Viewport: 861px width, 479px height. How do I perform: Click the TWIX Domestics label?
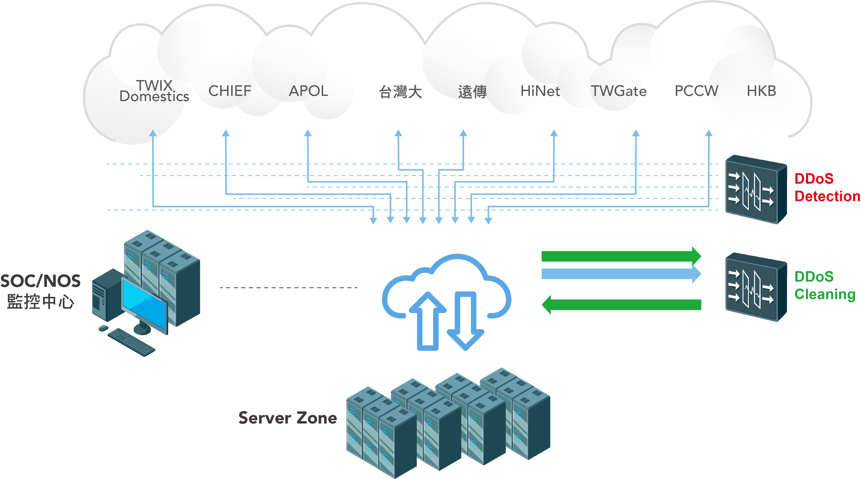[x=154, y=91]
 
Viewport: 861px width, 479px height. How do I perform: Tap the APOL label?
[x=308, y=91]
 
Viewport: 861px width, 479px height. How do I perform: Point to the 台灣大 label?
[x=400, y=92]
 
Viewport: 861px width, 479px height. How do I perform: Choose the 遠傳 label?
[x=472, y=92]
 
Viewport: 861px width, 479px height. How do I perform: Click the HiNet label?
[x=540, y=91]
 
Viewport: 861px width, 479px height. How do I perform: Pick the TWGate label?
[x=619, y=91]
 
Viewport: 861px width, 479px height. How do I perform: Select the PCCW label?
[x=696, y=91]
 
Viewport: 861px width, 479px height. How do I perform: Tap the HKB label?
[x=761, y=91]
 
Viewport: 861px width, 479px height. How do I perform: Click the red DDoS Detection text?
[x=826, y=188]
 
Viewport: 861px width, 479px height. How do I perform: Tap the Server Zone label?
[x=287, y=418]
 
